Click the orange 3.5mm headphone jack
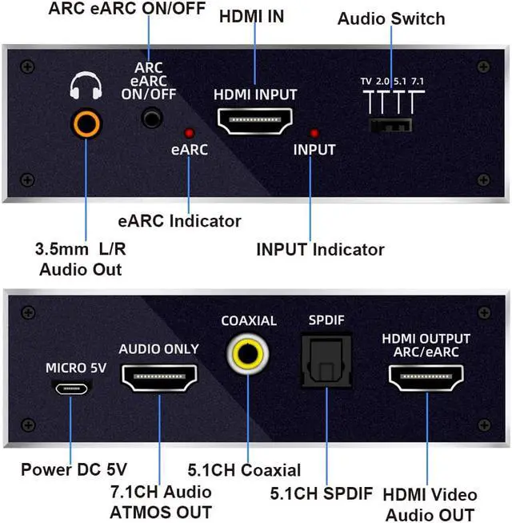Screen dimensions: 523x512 pyautogui.click(x=86, y=124)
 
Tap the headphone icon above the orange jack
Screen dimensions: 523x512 pyautogui.click(x=86, y=86)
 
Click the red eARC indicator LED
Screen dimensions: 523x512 pyautogui.click(x=190, y=133)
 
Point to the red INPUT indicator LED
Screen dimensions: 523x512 pyautogui.click(x=314, y=133)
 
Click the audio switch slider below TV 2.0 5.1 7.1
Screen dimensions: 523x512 pyautogui.click(x=390, y=125)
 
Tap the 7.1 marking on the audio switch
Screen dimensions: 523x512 pyautogui.click(x=417, y=81)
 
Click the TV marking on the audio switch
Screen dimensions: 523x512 pyautogui.click(x=366, y=81)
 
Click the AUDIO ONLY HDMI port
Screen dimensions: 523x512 pyautogui.click(x=158, y=378)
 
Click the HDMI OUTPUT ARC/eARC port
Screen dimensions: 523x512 pyautogui.click(x=426, y=378)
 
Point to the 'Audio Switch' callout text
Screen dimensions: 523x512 pyautogui.click(x=390, y=18)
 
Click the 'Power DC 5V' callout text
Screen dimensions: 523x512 pyautogui.click(x=74, y=469)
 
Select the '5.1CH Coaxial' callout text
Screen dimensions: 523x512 pyautogui.click(x=244, y=470)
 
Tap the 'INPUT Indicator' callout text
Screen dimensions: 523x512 pyautogui.click(x=320, y=249)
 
